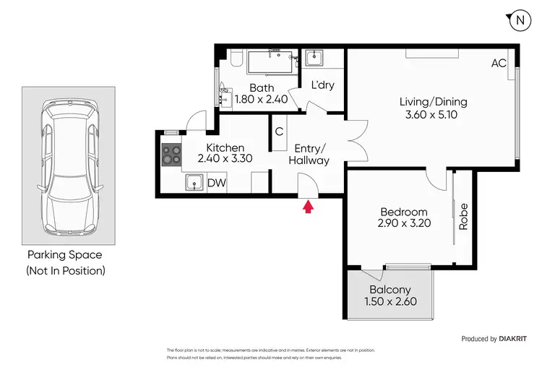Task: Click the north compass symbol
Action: [519, 21]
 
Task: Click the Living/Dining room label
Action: [433, 101]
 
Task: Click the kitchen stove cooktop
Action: [172, 155]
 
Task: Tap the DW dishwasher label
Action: [217, 184]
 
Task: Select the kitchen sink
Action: [194, 184]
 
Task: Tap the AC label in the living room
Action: [499, 64]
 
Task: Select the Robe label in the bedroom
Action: [464, 217]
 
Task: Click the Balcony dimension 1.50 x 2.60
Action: [392, 302]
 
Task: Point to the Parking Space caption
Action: [65, 255]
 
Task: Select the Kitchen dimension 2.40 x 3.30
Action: [225, 160]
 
